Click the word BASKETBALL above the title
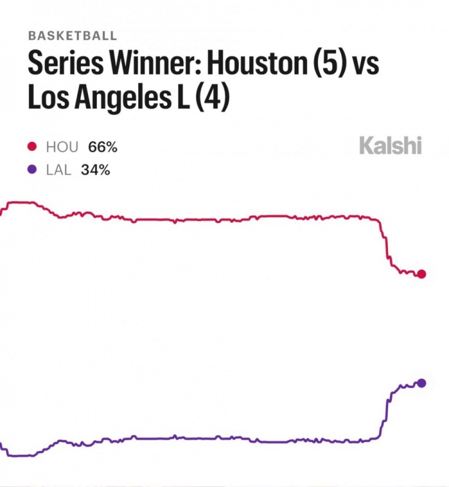[x=72, y=36]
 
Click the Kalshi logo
[x=390, y=146]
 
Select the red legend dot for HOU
[x=32, y=147]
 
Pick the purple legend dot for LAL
[x=32, y=170]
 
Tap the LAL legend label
[x=59, y=170]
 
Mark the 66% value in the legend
[x=102, y=147]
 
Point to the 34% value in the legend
[x=96, y=170]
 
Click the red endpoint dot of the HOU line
[x=421, y=274]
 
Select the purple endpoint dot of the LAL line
[x=421, y=383]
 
